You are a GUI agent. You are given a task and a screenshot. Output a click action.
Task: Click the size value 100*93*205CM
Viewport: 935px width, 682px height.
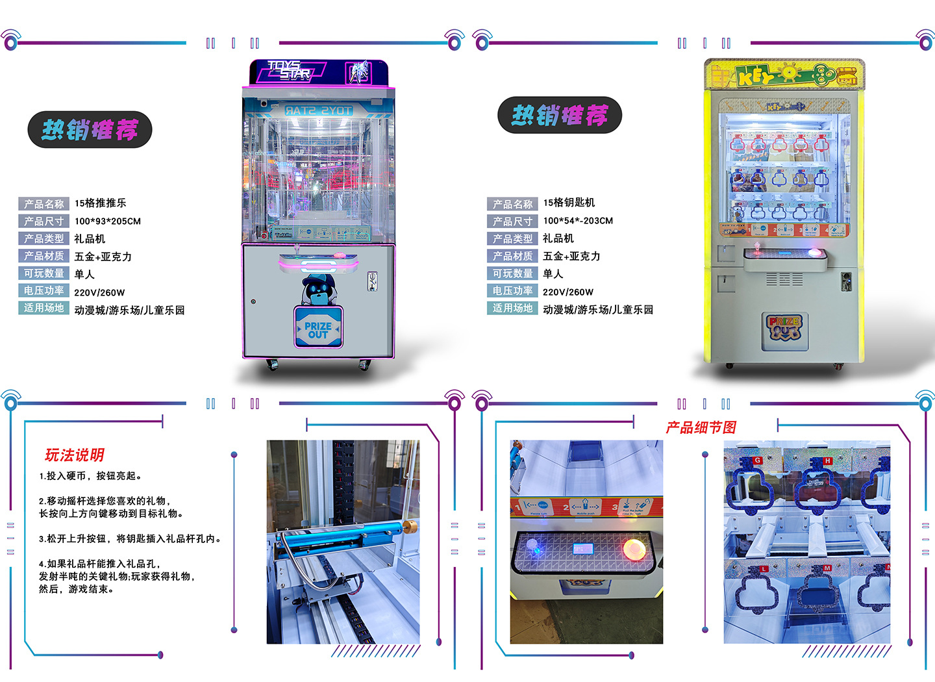point(107,221)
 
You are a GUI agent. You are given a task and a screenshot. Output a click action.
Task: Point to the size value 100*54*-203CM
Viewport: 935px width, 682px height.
point(577,221)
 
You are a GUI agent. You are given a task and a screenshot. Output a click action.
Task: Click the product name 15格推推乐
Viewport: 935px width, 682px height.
point(100,203)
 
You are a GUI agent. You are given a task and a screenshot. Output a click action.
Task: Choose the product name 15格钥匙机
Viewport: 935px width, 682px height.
point(569,203)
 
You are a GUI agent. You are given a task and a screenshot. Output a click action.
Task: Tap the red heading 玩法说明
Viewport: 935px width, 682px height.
point(74,455)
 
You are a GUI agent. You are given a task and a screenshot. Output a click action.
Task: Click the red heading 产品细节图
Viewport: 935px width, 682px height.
point(701,427)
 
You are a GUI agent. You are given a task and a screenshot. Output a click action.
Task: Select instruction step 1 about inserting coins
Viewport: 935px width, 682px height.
point(90,476)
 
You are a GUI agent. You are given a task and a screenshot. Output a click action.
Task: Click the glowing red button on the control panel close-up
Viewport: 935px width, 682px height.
point(634,549)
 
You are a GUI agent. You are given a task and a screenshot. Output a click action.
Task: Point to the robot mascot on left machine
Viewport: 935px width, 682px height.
point(318,290)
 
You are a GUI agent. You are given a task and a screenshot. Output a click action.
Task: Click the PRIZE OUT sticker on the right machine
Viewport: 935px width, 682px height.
point(784,328)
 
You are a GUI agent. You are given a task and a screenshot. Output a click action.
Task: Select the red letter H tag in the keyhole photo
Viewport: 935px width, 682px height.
point(827,461)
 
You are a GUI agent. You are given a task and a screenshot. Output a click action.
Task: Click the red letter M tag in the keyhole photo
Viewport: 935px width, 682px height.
point(827,568)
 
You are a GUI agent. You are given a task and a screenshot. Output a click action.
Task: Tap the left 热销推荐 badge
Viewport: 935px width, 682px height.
point(90,130)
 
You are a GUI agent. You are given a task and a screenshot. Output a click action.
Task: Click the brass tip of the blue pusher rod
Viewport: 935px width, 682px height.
point(409,525)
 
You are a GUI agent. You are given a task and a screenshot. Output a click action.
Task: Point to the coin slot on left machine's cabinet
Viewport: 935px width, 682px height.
point(372,281)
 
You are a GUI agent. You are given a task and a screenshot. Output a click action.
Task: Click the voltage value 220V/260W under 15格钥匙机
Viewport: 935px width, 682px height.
point(567,292)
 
